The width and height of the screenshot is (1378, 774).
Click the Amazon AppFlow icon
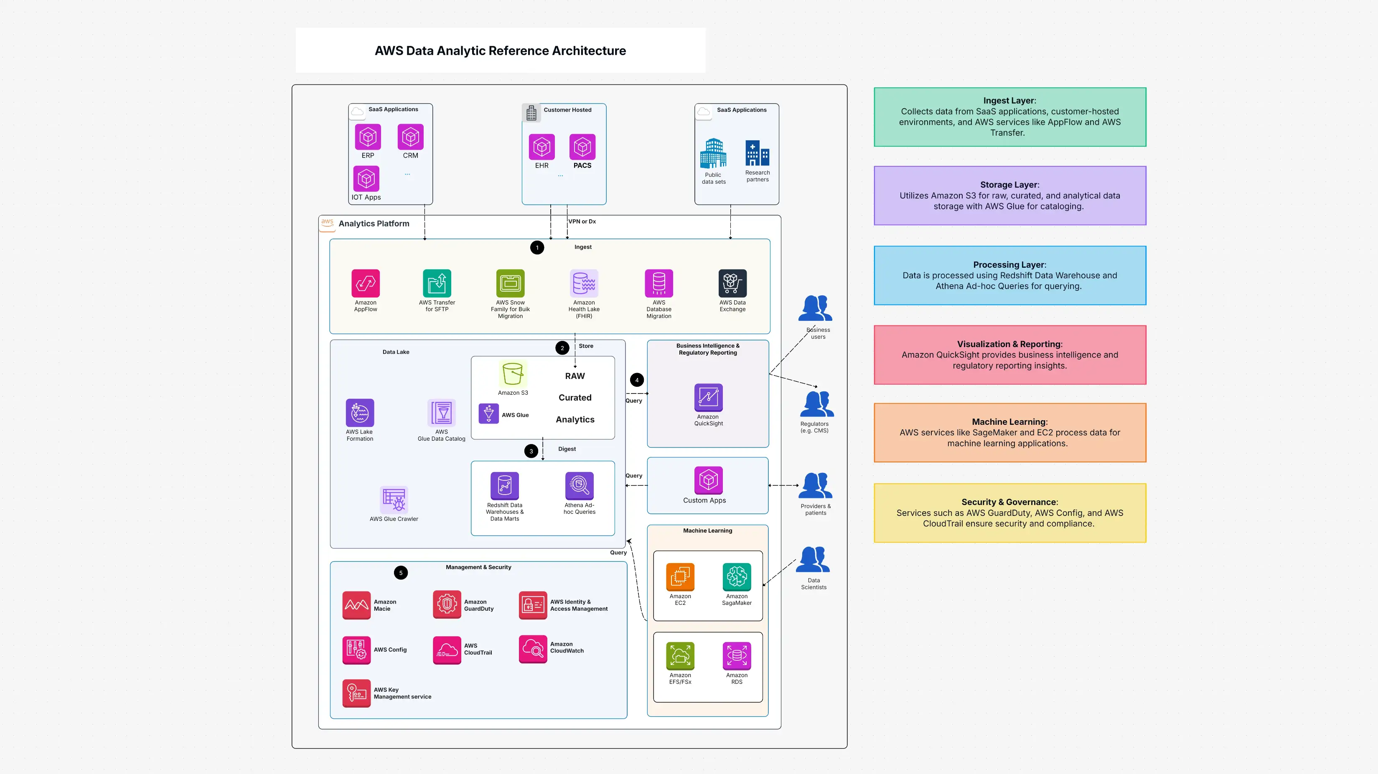[365, 283]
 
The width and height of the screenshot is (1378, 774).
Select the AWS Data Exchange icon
[732, 283]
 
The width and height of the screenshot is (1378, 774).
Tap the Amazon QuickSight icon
[708, 397]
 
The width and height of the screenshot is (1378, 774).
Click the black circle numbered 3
[531, 451]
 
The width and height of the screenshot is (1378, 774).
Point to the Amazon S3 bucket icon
[513, 373]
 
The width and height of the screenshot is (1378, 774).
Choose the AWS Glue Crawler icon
[394, 500]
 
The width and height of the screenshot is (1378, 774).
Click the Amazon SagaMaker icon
[737, 576]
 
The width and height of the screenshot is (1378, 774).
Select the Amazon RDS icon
[737, 656]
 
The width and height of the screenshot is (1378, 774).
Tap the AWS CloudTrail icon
[447, 650]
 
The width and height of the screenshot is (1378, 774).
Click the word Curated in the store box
[575, 397]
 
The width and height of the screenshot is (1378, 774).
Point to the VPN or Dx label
[582, 221]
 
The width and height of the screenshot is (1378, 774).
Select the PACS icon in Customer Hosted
[582, 147]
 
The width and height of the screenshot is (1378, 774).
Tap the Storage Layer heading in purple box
[1009, 185]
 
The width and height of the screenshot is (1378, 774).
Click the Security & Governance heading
[1009, 502]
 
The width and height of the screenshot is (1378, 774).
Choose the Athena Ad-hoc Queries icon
[579, 486]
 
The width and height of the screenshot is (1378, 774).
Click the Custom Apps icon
[708, 480]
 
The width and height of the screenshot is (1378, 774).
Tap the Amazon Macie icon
[356, 605]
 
